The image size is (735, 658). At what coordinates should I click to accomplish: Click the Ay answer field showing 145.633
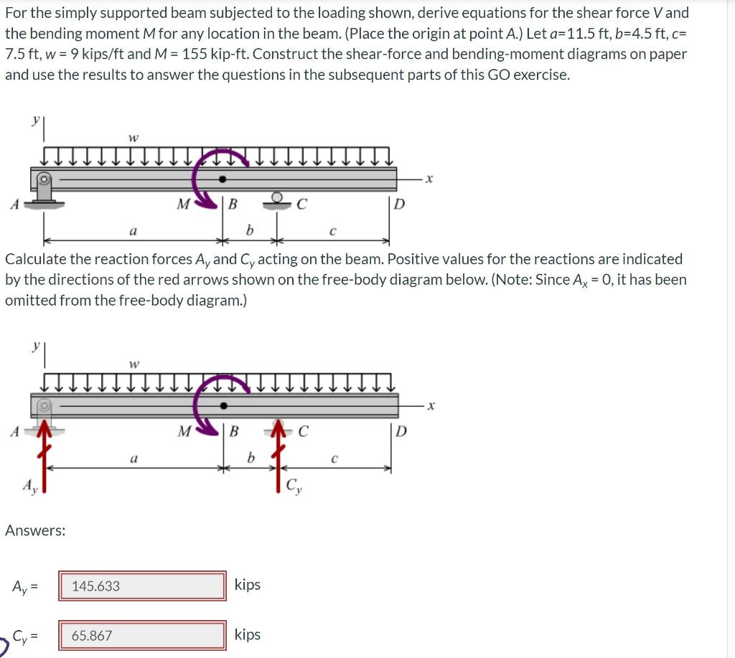[x=142, y=586]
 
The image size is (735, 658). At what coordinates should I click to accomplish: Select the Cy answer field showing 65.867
[x=142, y=635]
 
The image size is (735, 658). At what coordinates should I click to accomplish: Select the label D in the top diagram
[x=399, y=205]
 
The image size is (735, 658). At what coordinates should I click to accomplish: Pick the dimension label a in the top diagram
[x=132, y=231]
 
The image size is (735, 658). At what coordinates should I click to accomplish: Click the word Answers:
[x=35, y=530]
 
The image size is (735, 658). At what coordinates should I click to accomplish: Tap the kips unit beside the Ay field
[x=248, y=585]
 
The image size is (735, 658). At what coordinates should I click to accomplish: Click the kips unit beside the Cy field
[x=248, y=634]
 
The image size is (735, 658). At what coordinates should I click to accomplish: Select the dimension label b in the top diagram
[x=249, y=230]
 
